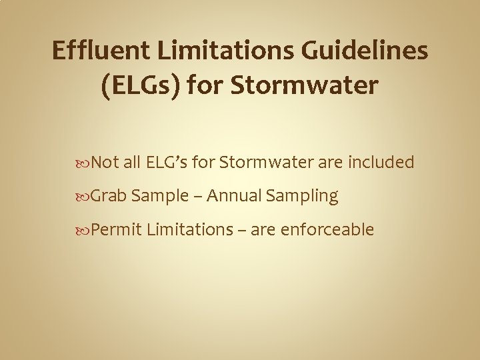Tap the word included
(382, 162)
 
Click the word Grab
(109, 196)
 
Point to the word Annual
(234, 196)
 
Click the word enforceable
(328, 230)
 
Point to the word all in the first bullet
(131, 162)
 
